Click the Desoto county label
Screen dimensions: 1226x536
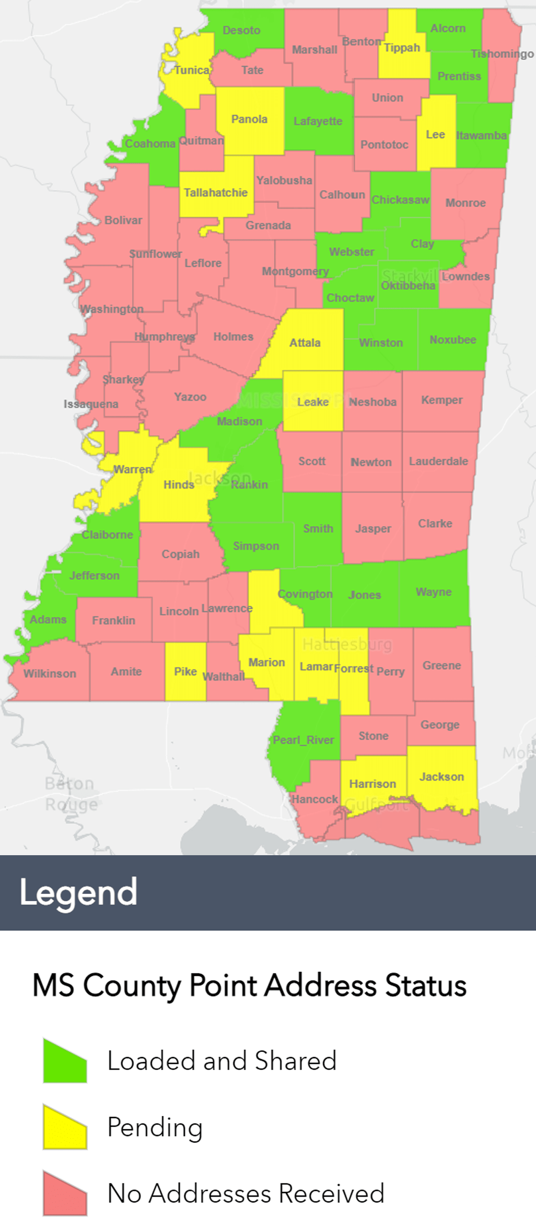(x=241, y=30)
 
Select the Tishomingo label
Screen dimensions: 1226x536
(x=502, y=54)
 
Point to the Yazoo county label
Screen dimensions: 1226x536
(x=190, y=397)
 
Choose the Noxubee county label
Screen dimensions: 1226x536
(x=452, y=340)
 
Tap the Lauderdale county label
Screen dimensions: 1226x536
(x=438, y=461)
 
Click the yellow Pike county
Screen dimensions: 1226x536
(x=185, y=671)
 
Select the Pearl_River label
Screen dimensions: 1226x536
(x=303, y=740)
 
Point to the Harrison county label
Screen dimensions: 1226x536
(x=372, y=784)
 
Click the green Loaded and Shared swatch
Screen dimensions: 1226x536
(x=65, y=1061)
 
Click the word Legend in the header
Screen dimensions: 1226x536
(x=78, y=892)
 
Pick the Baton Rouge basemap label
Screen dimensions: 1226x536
(x=71, y=794)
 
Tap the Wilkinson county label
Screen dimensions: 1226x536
(x=50, y=673)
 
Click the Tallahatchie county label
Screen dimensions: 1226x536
(x=216, y=193)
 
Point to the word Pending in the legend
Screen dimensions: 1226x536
(x=155, y=1127)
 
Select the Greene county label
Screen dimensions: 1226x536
(x=442, y=666)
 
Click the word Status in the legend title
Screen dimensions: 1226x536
(x=425, y=985)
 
